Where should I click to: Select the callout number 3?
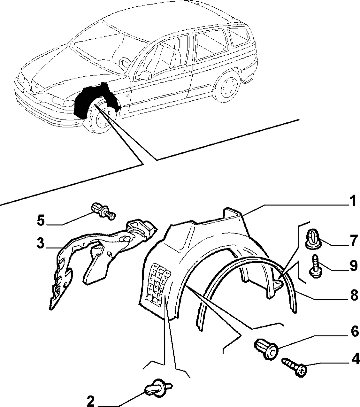pos(41,243)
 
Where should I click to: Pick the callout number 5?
pos(41,220)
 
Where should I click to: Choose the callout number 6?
pos(355,332)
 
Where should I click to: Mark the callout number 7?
pos(353,240)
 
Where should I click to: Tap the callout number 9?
pos(353,266)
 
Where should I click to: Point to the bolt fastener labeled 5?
pos(104,211)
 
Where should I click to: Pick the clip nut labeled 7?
pos(313,239)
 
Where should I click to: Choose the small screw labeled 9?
pos(315,266)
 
